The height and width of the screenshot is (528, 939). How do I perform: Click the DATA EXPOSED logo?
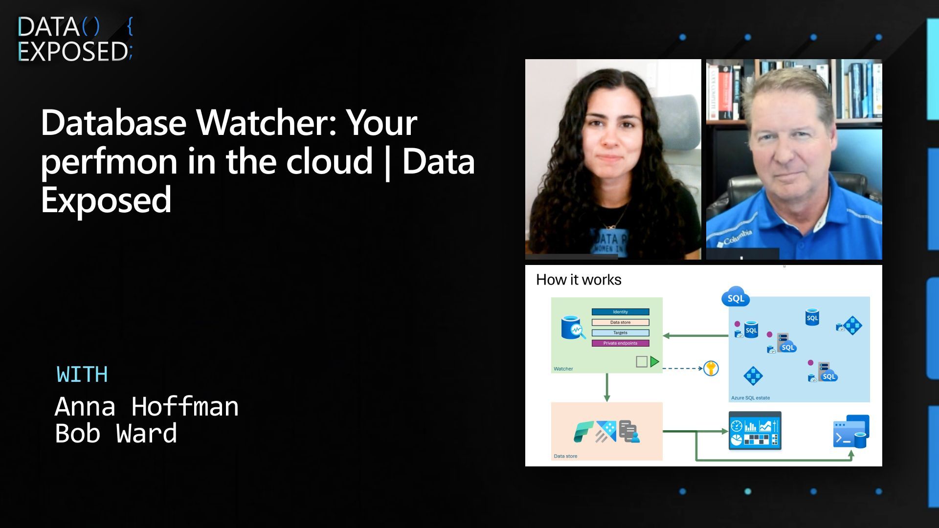coord(74,39)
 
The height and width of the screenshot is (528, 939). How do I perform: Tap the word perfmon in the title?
coord(109,162)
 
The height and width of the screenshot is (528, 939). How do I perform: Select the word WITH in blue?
coord(82,374)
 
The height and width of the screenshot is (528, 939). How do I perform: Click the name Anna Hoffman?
coord(146,406)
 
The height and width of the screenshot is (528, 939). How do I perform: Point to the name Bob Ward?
coord(116,434)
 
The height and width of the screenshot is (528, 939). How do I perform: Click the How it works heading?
coord(579,280)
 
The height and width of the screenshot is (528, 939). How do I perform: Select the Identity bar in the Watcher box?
coord(620,312)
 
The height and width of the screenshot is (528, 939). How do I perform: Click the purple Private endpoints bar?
coord(620,343)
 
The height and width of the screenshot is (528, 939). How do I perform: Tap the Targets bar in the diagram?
coord(620,333)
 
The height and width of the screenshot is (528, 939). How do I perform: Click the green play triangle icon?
coord(654,362)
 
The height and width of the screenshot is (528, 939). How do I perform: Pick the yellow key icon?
coord(711,368)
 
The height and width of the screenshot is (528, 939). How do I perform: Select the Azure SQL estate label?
coord(750,398)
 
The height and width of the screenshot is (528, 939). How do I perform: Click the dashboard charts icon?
coord(755,431)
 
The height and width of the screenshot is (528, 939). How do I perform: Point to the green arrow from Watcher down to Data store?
coord(607,387)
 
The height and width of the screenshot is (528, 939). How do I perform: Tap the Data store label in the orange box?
coord(565,456)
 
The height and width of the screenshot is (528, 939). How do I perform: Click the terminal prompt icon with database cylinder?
coord(850,432)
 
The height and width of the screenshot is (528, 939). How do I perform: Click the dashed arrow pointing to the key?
coord(682,368)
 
